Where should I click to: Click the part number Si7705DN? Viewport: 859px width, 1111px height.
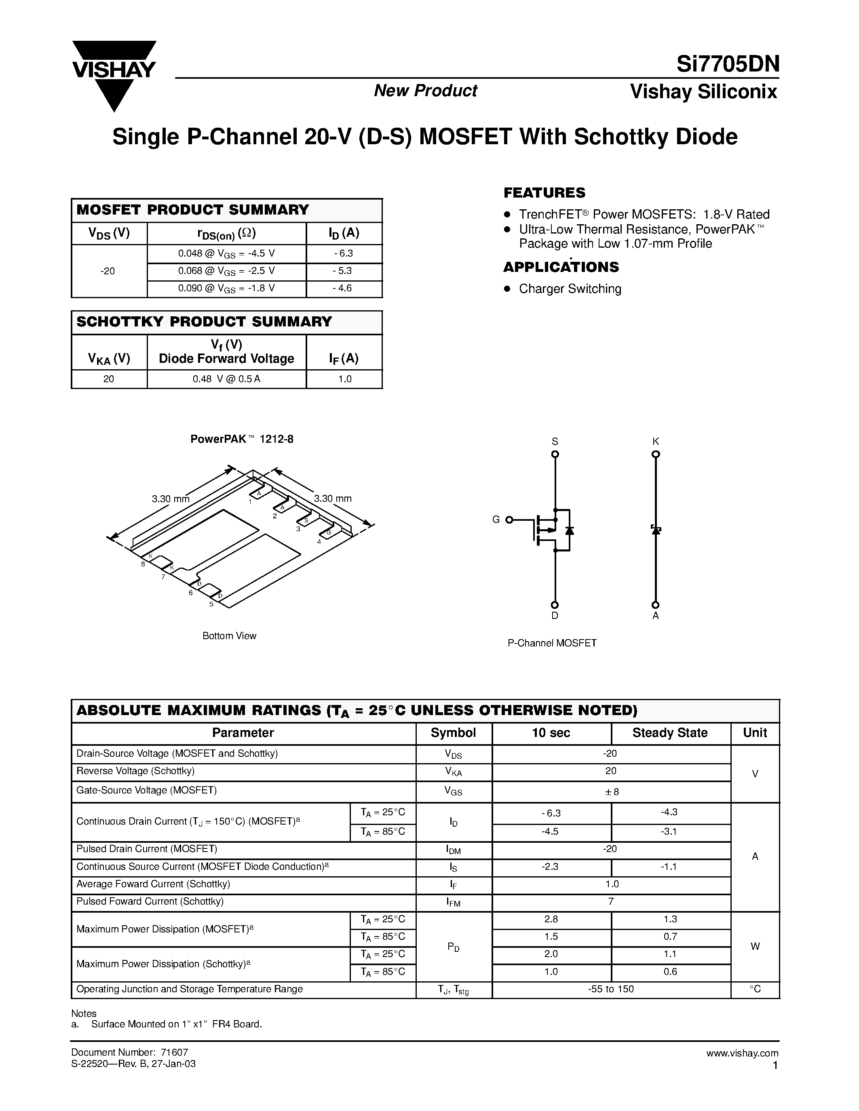click(727, 65)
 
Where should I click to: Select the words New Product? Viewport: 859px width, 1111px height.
click(425, 90)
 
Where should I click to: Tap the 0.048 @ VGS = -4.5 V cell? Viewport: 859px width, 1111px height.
click(226, 253)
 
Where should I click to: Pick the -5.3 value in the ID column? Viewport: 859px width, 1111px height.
click(344, 271)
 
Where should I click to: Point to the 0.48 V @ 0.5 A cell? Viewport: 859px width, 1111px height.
click(226, 379)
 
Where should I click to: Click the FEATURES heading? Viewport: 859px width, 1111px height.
click(544, 193)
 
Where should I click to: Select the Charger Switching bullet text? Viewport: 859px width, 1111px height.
click(570, 289)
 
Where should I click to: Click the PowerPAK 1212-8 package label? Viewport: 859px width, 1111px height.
click(242, 439)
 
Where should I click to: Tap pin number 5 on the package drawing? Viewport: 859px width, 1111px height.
click(211, 604)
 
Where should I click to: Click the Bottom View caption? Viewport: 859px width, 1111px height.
click(229, 636)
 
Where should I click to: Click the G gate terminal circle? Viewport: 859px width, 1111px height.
click(509, 520)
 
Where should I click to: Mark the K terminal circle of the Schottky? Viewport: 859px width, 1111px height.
click(655, 454)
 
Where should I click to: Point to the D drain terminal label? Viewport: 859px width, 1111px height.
click(555, 616)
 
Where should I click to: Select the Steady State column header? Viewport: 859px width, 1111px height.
click(670, 733)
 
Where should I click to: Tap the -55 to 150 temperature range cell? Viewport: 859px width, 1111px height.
click(611, 989)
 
